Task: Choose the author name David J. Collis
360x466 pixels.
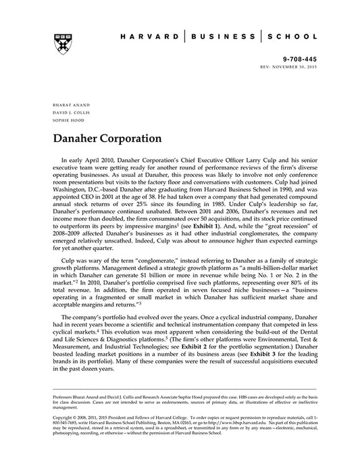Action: (67, 113)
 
